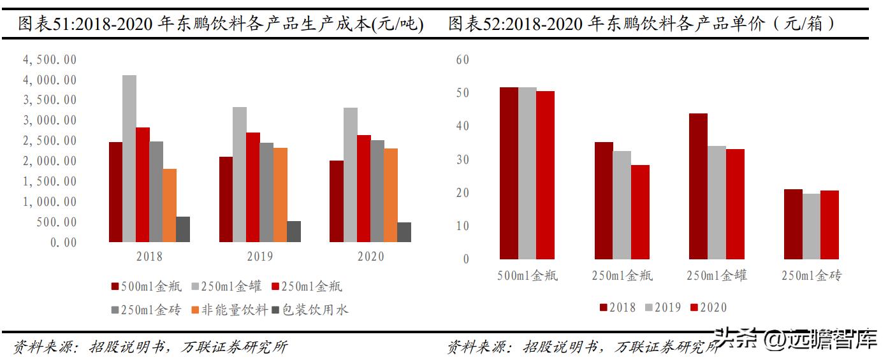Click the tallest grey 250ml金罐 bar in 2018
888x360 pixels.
(129, 159)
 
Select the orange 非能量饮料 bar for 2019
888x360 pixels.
(280, 195)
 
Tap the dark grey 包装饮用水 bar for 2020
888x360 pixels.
(404, 232)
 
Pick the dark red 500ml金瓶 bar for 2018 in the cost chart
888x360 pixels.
(115, 192)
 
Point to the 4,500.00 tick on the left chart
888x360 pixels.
(50, 59)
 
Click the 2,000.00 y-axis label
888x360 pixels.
(50, 161)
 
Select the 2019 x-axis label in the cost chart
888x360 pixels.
(259, 257)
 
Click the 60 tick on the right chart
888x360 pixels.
(462, 59)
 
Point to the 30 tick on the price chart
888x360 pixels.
(462, 159)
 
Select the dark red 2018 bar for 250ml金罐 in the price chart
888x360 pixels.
(698, 186)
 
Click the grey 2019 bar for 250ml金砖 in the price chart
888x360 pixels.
(812, 226)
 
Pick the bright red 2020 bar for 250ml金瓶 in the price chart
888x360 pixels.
(640, 212)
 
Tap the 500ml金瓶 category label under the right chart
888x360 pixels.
(527, 276)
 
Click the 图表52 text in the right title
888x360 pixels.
(472, 24)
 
